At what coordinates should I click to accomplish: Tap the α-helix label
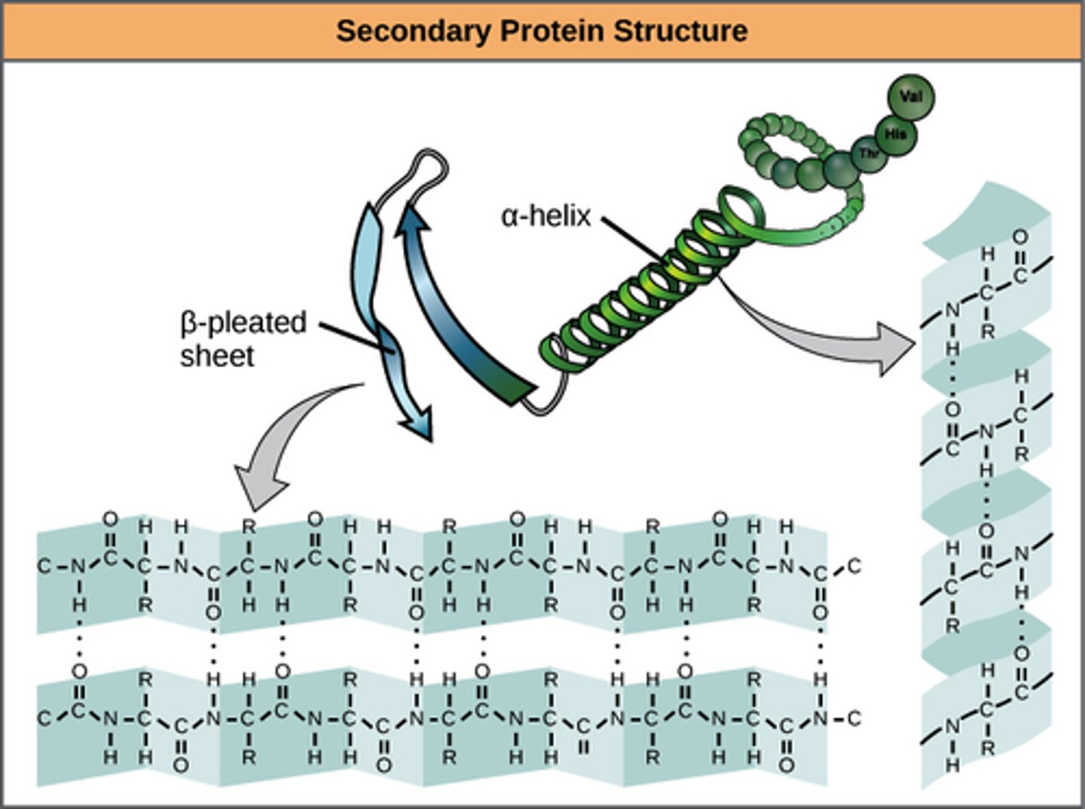pyautogui.click(x=546, y=216)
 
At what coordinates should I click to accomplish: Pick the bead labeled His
pyautogui.click(x=894, y=134)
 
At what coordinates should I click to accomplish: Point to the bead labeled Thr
pyautogui.click(x=870, y=154)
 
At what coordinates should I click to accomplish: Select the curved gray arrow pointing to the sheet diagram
pyautogui.click(x=279, y=444)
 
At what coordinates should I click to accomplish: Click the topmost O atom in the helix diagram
pyautogui.click(x=1019, y=238)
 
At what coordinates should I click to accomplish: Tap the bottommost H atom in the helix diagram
pyautogui.click(x=952, y=765)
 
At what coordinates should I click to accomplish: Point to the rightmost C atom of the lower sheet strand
pyautogui.click(x=854, y=719)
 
